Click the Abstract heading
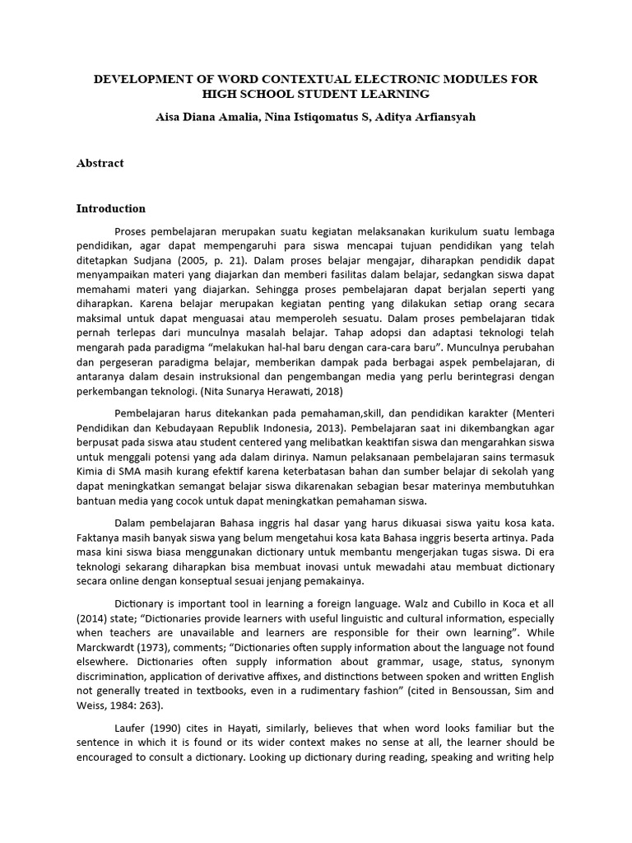pos(100,163)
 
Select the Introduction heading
pos(111,208)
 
